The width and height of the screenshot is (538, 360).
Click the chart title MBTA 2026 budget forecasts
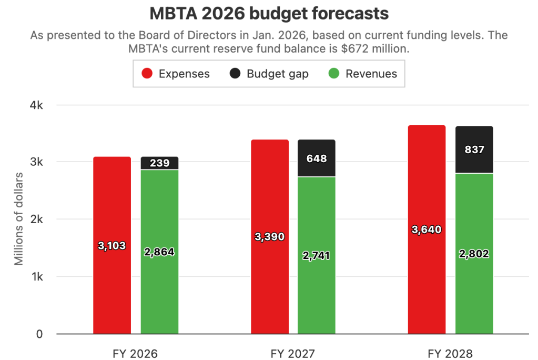pos(269,14)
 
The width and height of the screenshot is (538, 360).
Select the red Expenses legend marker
pos(148,74)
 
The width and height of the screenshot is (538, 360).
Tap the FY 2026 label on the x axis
pos(136,353)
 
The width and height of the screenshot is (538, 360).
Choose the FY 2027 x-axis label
pos(293,353)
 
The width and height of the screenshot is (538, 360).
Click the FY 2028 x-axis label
pos(451,353)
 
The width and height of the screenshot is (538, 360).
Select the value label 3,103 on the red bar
pos(112,245)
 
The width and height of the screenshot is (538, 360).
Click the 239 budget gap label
pos(159,163)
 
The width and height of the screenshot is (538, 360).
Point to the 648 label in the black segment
pos(317,158)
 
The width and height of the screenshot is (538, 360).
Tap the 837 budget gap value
pos(474,149)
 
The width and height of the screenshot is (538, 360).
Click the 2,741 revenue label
pos(317,256)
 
